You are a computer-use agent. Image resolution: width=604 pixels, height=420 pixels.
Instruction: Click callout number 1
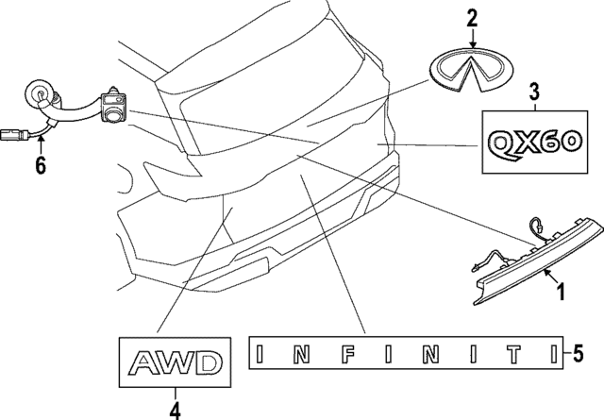tap(561, 293)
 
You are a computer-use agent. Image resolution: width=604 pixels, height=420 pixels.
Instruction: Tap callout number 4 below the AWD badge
tap(174, 409)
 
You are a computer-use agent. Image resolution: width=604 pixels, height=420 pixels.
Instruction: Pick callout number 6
tap(40, 165)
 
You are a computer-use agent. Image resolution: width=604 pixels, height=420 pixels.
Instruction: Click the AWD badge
tap(174, 362)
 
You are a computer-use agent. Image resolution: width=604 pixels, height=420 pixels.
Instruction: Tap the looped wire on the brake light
tap(535, 227)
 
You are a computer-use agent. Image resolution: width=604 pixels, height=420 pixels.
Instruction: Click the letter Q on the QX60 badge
tap(502, 143)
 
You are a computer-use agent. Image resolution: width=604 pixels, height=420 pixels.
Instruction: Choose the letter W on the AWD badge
tap(174, 362)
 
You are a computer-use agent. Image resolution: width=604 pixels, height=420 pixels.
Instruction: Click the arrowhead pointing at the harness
tap(40, 139)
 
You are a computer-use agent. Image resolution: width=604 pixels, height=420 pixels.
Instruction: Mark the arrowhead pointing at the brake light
tap(545, 273)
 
